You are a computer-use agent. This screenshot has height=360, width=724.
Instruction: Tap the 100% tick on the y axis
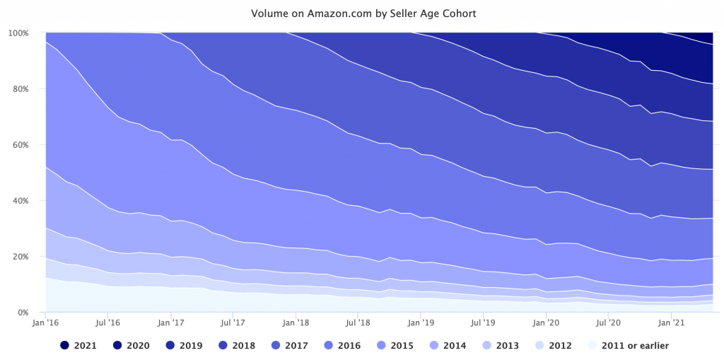click(x=18, y=33)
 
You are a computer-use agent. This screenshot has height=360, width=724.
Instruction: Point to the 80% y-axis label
click(x=21, y=89)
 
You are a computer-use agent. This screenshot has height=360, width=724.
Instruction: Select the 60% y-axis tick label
click(x=21, y=145)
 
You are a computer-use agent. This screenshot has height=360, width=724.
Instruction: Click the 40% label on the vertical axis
click(x=21, y=201)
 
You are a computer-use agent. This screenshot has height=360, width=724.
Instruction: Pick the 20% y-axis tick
click(x=21, y=257)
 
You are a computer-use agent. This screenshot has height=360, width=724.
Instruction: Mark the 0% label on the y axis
click(x=23, y=313)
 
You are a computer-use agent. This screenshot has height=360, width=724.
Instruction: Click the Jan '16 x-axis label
click(x=46, y=323)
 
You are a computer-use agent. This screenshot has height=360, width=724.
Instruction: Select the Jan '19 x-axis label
click(x=421, y=323)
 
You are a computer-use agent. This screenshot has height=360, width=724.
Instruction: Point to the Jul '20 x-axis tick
click(x=608, y=323)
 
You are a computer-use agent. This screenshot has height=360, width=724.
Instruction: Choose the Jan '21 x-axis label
click(x=670, y=323)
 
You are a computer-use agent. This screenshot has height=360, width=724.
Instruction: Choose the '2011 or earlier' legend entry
click(x=626, y=346)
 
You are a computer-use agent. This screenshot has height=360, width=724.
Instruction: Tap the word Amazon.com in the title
click(x=320, y=13)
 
